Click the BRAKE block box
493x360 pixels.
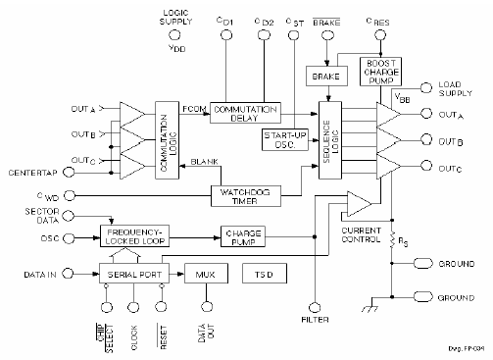(322, 75)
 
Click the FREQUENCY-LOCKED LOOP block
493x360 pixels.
(134, 235)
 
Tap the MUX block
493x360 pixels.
(206, 272)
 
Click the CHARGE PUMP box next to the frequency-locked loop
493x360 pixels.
(245, 235)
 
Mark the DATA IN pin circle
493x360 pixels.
(68, 272)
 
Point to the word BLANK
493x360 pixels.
(204, 161)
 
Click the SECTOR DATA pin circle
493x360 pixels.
(68, 215)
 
